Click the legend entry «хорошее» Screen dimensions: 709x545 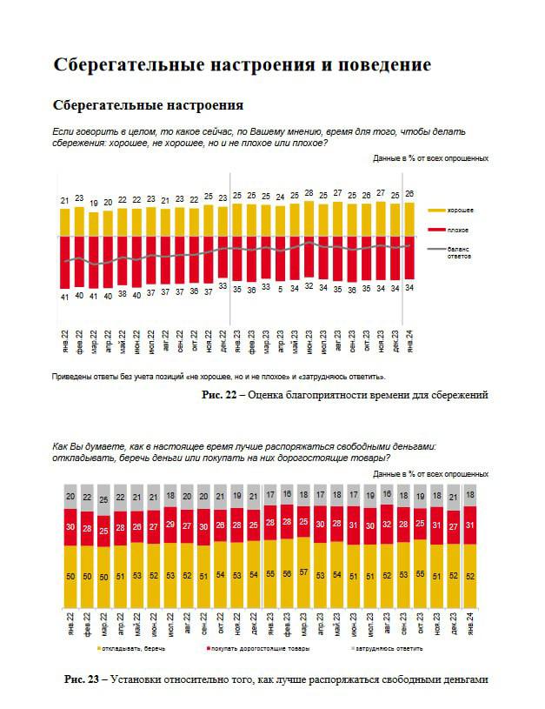click(x=460, y=211)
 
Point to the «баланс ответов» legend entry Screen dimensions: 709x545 click(x=458, y=252)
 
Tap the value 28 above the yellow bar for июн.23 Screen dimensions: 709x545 click(x=309, y=192)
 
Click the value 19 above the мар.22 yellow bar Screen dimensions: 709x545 click(x=94, y=203)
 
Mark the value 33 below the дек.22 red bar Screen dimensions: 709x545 click(x=223, y=285)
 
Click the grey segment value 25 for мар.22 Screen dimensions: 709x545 click(x=103, y=500)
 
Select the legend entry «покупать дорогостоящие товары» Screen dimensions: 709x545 click(x=259, y=649)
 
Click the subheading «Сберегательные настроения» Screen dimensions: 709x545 click(x=148, y=105)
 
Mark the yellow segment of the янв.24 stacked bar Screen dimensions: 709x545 click(x=470, y=575)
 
